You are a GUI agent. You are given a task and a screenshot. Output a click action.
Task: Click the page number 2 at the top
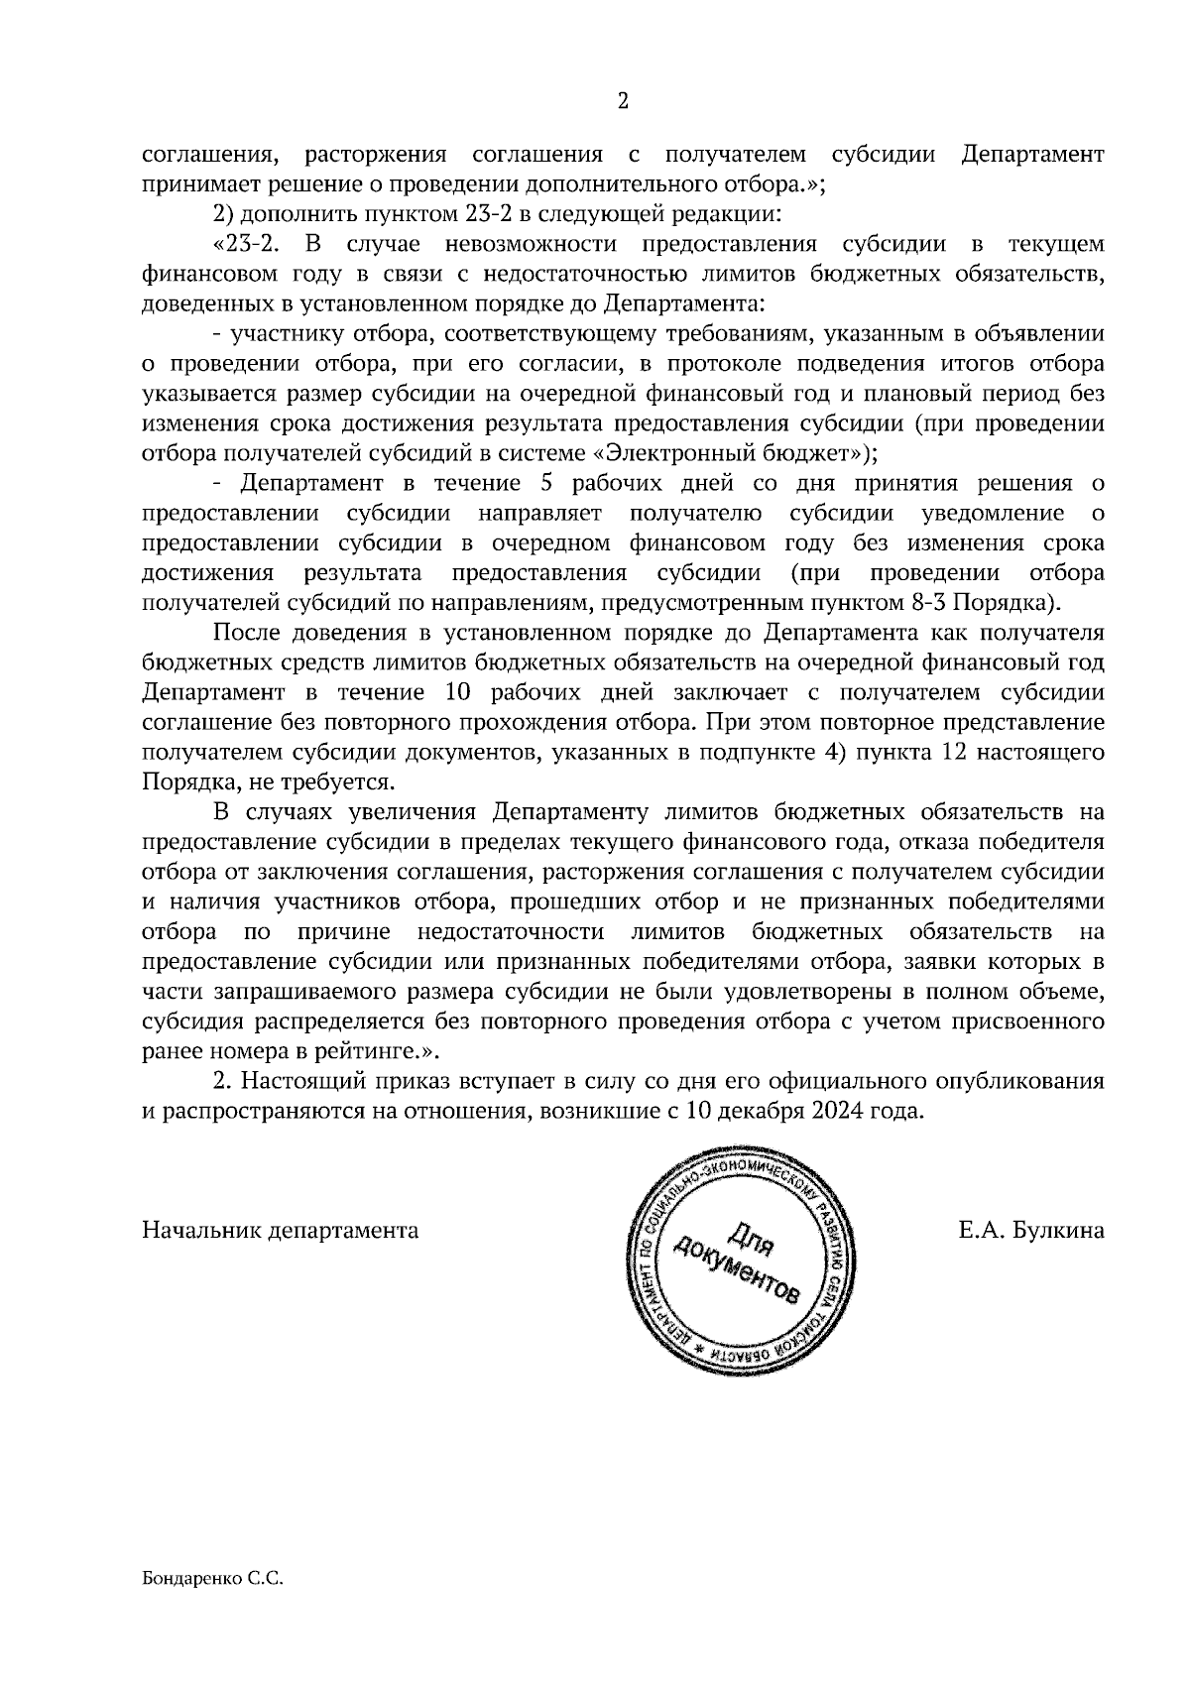coord(623,100)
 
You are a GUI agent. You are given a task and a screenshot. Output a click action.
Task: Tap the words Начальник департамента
coord(281,1232)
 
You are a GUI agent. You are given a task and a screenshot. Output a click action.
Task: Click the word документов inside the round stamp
coord(735,1271)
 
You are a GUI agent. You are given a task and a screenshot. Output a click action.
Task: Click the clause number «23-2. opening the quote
coord(244,244)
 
